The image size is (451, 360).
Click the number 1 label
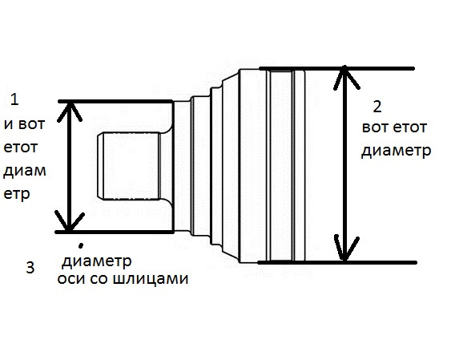click(14, 99)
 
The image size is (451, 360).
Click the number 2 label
click(377, 107)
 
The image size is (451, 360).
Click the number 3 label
click(30, 267)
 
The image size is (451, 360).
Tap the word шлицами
click(151, 278)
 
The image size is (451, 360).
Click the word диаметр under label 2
click(396, 151)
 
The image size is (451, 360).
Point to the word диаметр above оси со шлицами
click(97, 261)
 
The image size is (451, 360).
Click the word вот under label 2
click(374, 127)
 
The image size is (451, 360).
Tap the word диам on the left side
click(25, 170)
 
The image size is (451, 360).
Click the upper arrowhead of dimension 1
click(69, 111)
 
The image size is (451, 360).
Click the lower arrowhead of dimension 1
click(70, 221)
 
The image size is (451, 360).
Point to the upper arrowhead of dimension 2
click(345, 77)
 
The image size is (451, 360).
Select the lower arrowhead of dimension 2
click(345, 249)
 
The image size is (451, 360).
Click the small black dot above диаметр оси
click(81, 245)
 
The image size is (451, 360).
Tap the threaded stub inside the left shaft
click(128, 166)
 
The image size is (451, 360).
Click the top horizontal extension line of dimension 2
click(336, 68)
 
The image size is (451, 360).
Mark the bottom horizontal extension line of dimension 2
click(336, 262)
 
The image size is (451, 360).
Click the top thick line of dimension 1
click(115, 101)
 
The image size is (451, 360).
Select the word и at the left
click(9, 124)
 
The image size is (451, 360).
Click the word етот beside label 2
click(409, 127)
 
